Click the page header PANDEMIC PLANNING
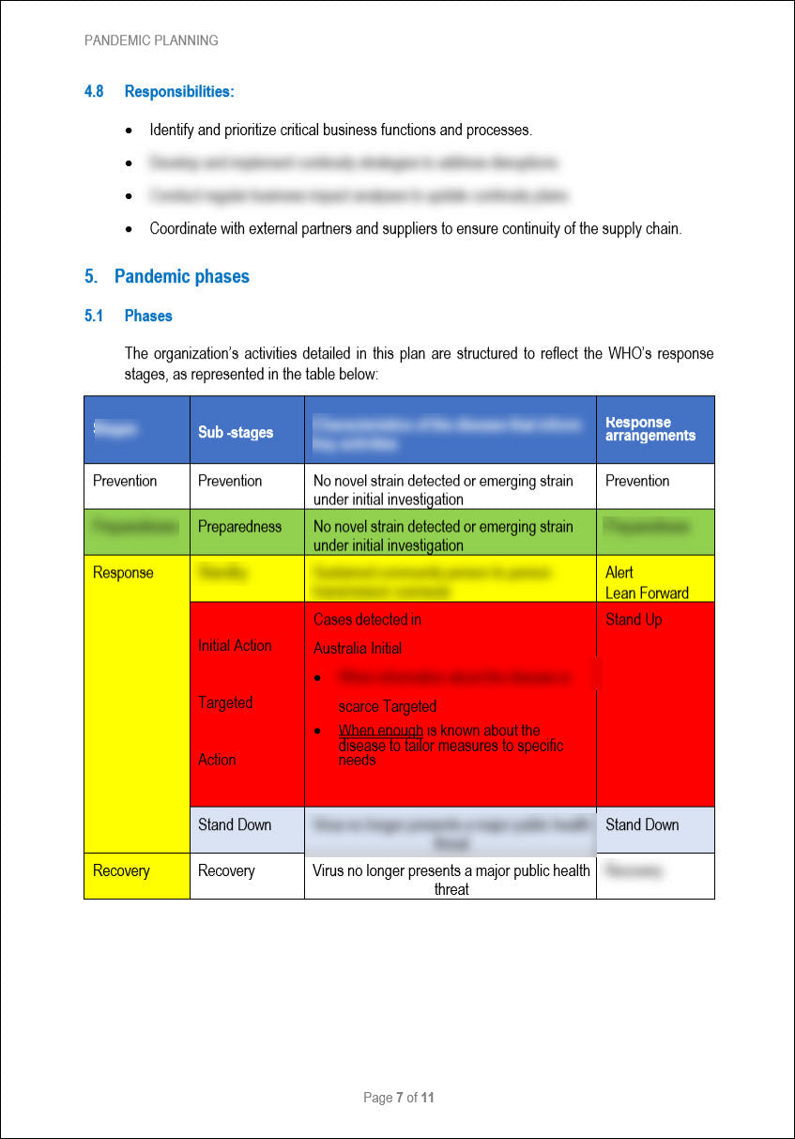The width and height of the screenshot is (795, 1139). (x=151, y=40)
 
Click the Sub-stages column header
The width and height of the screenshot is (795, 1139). (x=236, y=432)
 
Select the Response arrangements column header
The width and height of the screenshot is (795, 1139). (x=650, y=429)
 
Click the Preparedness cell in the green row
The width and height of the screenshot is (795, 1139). (x=239, y=527)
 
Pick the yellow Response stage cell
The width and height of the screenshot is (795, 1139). (x=123, y=573)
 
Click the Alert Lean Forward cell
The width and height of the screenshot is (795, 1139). (x=647, y=582)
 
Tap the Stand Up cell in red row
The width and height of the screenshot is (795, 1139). (x=633, y=620)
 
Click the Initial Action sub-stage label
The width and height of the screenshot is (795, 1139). (x=235, y=646)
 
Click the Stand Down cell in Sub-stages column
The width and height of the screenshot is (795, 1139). (x=235, y=825)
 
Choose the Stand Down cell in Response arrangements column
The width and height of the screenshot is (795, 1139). (x=642, y=825)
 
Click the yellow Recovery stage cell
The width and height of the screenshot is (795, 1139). (x=121, y=871)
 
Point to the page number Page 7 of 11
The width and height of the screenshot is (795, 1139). (x=398, y=1098)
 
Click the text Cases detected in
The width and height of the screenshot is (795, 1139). (x=367, y=620)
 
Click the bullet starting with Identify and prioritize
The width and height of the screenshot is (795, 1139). (x=341, y=131)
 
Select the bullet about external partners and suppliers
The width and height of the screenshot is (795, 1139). (x=415, y=229)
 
